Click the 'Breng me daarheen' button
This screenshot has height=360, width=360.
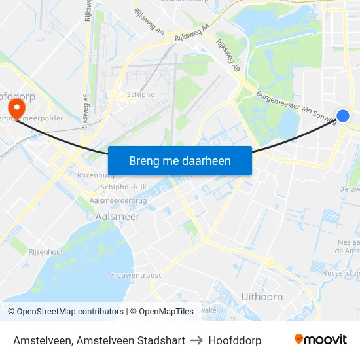pos(179,160)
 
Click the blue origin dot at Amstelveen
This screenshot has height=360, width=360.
pos(343,116)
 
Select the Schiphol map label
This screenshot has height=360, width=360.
pos(142,94)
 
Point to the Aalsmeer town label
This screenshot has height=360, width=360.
pos(118,215)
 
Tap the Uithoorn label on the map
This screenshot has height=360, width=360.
pos(262,297)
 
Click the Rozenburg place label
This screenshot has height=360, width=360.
pos(96,175)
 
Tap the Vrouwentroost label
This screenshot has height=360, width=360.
pos(135,276)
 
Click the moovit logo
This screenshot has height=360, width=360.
pos(321,340)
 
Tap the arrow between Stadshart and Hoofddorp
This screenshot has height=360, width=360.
pos(196,340)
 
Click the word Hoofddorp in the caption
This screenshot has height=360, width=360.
pos(234,340)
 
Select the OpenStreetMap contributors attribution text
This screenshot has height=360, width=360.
pos(65,312)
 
